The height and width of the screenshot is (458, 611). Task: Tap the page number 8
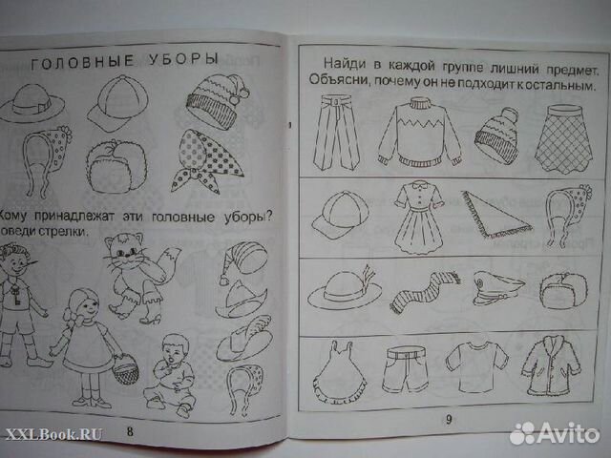(x=131, y=431)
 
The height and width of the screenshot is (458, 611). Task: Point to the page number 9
(x=446, y=419)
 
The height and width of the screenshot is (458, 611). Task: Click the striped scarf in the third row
(x=421, y=293)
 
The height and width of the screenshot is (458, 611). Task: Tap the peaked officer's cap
(x=493, y=287)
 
